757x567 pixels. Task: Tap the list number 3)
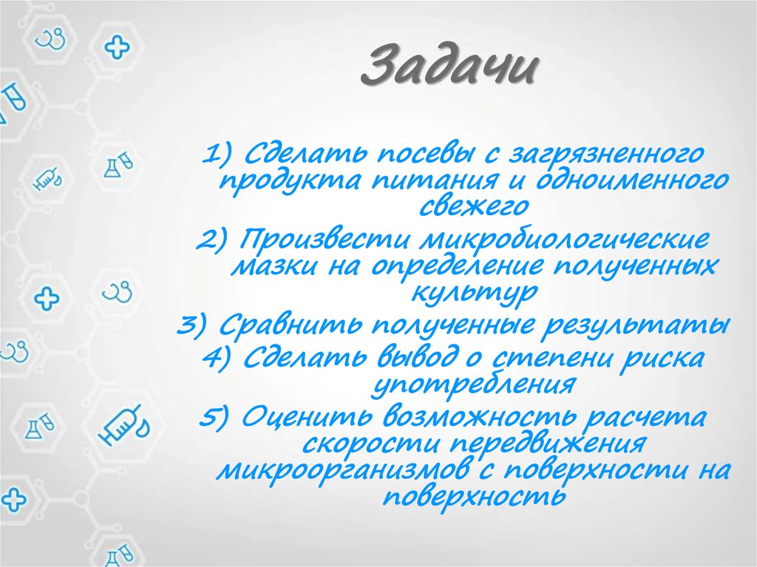[x=197, y=326]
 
